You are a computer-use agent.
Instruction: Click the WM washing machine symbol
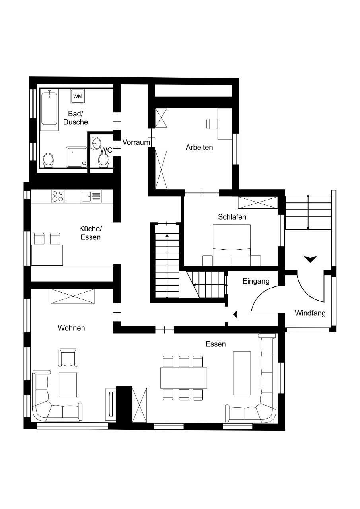[x=78, y=97]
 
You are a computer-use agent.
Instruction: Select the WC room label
[x=106, y=150]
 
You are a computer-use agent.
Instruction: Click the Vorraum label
[x=136, y=142]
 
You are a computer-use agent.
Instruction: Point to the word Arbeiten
[x=199, y=147]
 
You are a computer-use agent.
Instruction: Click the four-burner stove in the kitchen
[x=58, y=196]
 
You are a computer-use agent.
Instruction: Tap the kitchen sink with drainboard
[x=90, y=196]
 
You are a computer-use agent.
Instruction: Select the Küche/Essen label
[x=90, y=233]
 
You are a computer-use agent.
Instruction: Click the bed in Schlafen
[x=232, y=245]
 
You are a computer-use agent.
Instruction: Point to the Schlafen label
[x=232, y=217]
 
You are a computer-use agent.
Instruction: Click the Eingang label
[x=256, y=281]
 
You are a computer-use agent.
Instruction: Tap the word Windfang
[x=310, y=313]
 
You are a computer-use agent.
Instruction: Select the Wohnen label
[x=71, y=328]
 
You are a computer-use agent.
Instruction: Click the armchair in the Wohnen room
[x=68, y=357]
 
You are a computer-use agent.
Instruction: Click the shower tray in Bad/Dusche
[x=76, y=157]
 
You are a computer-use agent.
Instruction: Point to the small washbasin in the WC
[x=97, y=143]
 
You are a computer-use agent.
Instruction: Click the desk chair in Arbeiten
[x=211, y=124]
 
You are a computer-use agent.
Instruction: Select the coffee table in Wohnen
[x=68, y=385]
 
